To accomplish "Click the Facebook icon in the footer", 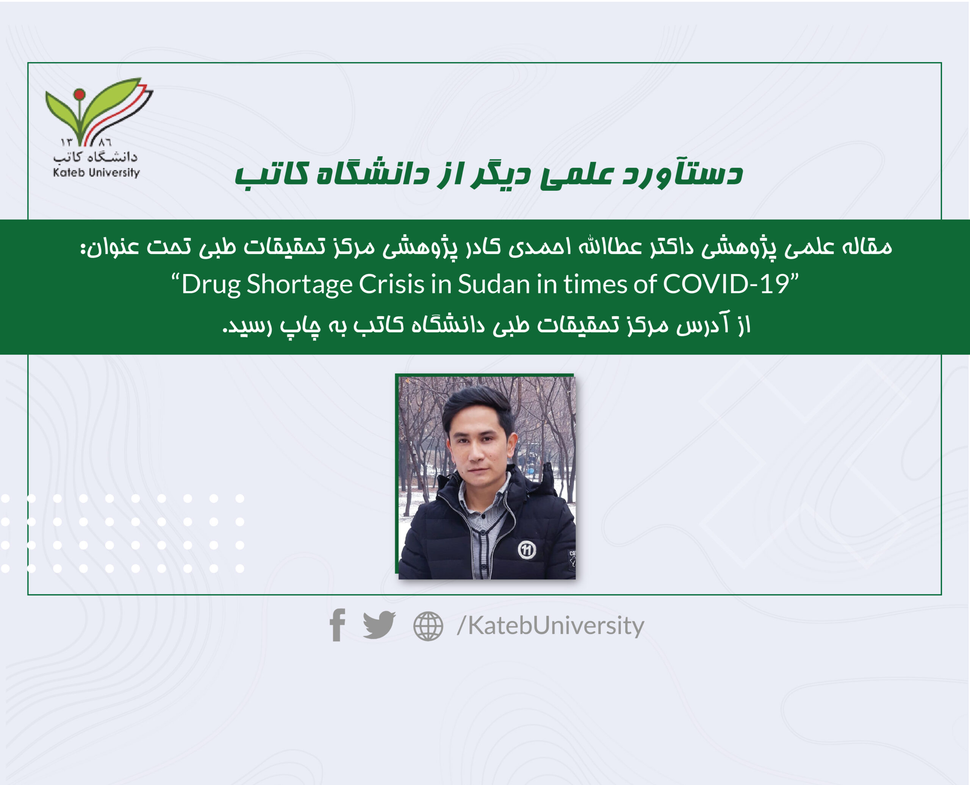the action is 338,625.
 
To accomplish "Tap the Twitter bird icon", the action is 379,625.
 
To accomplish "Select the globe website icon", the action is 428,626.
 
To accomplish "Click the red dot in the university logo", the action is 80,95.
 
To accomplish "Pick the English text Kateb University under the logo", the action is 96,172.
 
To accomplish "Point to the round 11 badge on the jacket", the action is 527,550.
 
